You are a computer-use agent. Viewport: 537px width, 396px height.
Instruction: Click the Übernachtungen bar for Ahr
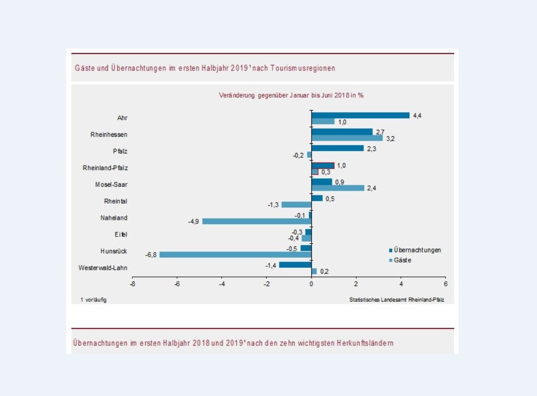(x=360, y=115)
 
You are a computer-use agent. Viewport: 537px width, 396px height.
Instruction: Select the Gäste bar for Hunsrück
(x=235, y=255)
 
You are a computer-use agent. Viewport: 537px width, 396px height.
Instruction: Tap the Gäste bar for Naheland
(x=257, y=222)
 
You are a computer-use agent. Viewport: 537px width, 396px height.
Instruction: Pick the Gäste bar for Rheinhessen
(x=347, y=138)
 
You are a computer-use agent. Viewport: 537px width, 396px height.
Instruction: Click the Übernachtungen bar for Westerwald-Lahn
(x=295, y=265)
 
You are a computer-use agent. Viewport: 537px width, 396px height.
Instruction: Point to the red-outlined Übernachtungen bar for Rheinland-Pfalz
(x=323, y=165)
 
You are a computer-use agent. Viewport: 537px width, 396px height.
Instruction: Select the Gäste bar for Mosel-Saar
(x=338, y=188)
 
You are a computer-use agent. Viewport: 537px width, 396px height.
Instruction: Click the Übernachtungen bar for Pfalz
(x=337, y=149)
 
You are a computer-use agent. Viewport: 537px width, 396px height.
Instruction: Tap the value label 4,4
(x=417, y=115)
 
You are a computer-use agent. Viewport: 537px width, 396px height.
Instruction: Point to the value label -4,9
(x=194, y=222)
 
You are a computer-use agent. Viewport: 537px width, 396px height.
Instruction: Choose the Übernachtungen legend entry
(x=415, y=250)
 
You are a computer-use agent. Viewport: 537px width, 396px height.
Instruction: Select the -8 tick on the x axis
(x=132, y=284)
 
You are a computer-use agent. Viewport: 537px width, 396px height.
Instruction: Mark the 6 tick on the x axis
(x=446, y=284)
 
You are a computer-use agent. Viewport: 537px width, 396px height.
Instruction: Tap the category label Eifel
(x=120, y=234)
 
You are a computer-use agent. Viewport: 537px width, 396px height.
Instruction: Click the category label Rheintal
(x=116, y=201)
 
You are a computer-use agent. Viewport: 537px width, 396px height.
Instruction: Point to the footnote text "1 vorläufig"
(x=93, y=300)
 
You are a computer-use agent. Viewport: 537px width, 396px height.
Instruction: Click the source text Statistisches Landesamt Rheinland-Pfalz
(x=394, y=300)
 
